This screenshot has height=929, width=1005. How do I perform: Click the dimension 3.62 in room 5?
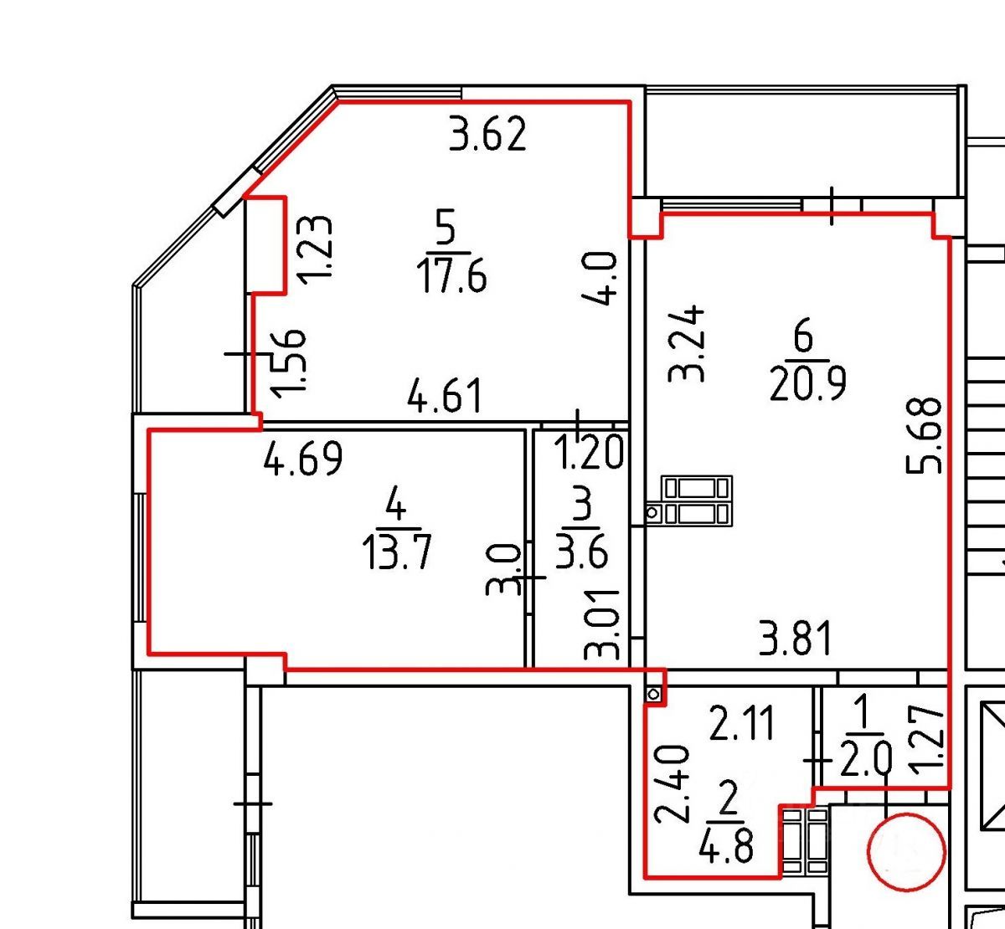[487, 134]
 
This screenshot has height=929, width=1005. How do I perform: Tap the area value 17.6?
[452, 275]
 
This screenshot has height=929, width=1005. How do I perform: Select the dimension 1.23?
[314, 249]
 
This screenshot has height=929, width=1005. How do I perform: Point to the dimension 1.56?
[287, 363]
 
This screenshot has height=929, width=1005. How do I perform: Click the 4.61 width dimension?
[445, 396]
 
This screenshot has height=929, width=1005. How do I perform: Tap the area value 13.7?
[397, 552]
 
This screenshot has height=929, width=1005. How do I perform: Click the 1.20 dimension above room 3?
[589, 452]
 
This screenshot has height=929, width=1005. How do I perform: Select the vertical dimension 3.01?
[601, 625]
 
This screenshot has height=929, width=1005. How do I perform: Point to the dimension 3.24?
[686, 343]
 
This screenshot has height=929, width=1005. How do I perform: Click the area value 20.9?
[808, 384]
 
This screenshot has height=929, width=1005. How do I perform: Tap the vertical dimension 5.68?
[924, 435]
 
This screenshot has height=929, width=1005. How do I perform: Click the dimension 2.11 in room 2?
[742, 724]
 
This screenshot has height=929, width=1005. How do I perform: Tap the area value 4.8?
[726, 845]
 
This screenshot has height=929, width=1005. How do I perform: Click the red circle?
[906, 852]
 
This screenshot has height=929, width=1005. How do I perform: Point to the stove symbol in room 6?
[697, 500]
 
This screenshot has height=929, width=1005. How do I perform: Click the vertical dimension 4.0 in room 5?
[600, 279]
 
